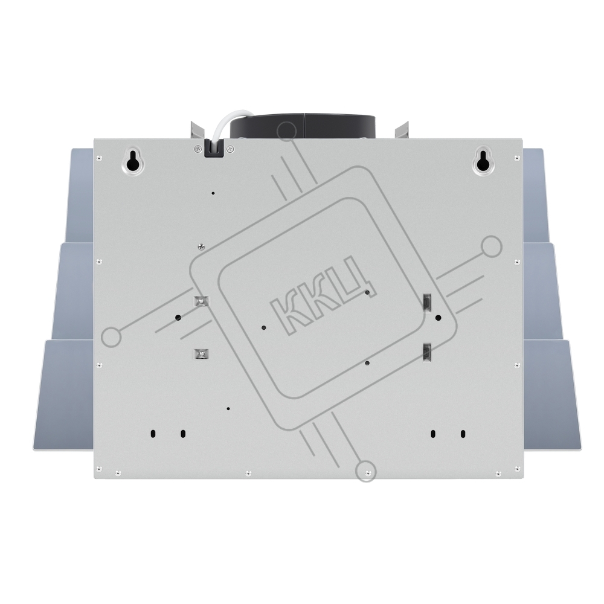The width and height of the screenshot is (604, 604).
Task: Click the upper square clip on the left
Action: pos(201,300)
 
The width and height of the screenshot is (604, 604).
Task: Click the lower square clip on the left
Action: pos(201,353)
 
